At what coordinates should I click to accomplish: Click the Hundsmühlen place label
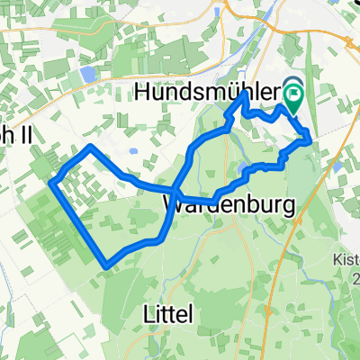click(212, 91)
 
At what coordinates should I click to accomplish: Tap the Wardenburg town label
click(230, 206)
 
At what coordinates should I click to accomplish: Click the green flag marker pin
click(293, 90)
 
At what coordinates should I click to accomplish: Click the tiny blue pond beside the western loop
click(132, 151)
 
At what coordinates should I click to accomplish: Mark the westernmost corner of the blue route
click(53, 184)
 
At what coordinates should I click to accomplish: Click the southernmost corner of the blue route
click(108, 265)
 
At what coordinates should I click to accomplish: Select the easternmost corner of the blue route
click(310, 139)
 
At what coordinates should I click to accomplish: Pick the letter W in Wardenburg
click(175, 206)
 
